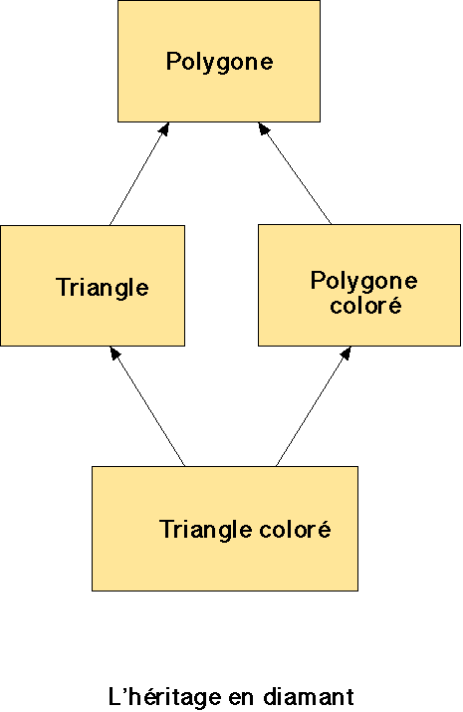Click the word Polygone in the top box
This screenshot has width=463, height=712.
point(220,62)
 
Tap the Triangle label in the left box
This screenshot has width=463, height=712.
point(103,288)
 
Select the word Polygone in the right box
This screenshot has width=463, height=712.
point(364,281)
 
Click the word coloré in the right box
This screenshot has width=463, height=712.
point(365,305)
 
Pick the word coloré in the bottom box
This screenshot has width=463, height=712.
point(295,529)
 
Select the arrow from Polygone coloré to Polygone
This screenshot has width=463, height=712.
point(295,173)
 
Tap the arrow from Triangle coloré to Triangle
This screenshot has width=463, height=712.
point(147,406)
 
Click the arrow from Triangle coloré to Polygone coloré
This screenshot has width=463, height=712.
point(314,406)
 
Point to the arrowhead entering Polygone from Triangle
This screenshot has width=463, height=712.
point(164,128)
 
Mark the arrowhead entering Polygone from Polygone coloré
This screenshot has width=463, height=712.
point(263,128)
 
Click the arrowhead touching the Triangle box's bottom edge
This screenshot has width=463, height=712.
point(115,353)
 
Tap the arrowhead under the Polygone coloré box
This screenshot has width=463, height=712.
point(347,353)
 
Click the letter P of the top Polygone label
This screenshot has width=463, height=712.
point(173,61)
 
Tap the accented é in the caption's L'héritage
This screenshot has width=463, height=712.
point(143,696)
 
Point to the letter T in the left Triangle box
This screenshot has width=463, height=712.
point(63,287)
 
